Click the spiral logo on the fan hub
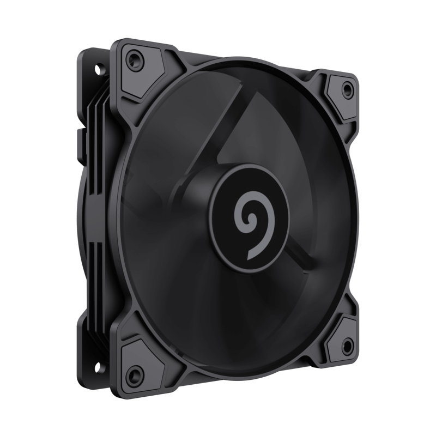250,216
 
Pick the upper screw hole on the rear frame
100,69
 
